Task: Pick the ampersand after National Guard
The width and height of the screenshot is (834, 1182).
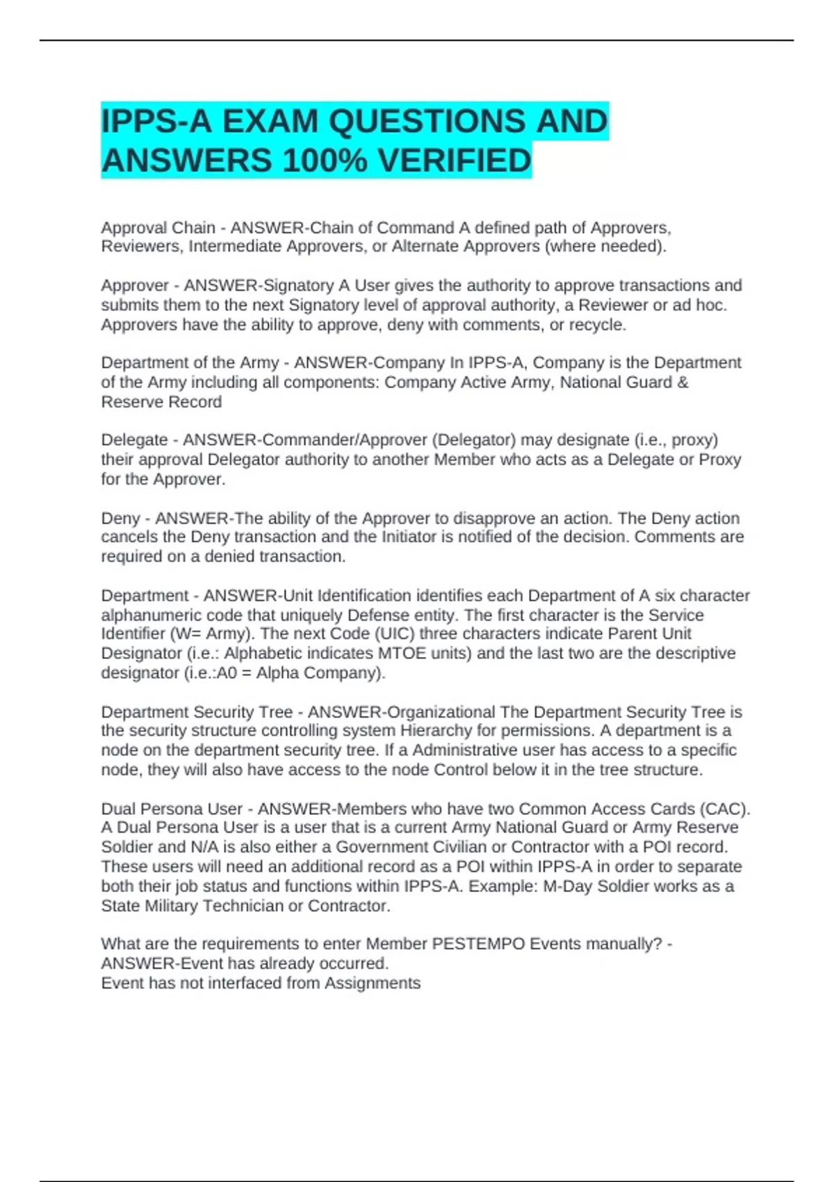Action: [682, 382]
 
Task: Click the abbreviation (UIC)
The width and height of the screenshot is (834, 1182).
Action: [393, 634]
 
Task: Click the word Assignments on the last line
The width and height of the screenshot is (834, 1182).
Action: [373, 983]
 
